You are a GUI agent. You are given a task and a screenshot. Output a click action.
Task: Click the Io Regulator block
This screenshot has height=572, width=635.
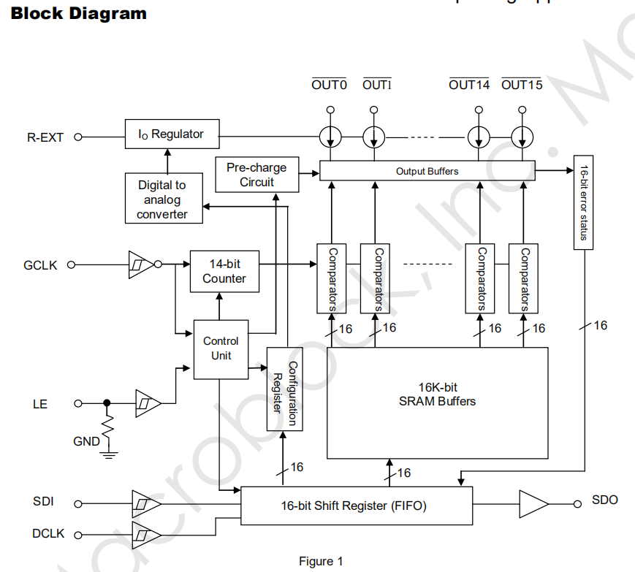pos(171,134)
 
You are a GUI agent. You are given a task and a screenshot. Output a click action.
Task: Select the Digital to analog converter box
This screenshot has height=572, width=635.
pos(162,199)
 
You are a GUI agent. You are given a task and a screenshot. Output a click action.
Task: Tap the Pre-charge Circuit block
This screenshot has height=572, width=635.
pos(256,175)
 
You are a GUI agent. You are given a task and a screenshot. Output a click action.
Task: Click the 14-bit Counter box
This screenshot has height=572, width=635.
pos(224,271)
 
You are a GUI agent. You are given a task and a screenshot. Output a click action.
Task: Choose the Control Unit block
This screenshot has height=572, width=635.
pos(221,348)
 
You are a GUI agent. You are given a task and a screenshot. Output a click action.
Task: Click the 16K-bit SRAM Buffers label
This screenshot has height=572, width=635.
pos(437,394)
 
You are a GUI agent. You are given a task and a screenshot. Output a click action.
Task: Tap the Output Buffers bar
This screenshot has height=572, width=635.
pos(427,171)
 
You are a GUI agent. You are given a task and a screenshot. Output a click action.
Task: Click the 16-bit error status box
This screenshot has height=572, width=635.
pos(584,202)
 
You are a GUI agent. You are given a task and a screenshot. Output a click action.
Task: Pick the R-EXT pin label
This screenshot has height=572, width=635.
pos(45,137)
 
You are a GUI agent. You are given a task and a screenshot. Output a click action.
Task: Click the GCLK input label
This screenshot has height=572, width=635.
pos(40,265)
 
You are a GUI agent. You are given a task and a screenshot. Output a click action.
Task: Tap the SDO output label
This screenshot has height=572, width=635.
pos(605,500)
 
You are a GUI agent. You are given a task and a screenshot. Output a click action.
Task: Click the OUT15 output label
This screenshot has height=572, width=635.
pos(522,85)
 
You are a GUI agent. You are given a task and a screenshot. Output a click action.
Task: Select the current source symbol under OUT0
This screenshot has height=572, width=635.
pos(330,136)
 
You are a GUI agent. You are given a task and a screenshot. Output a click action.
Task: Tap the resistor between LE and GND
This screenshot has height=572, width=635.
pos(109,427)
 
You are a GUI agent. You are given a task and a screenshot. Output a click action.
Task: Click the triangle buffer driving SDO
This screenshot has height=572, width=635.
pos(533,503)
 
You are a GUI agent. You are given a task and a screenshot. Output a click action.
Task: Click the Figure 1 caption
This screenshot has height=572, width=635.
pos(321,561)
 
